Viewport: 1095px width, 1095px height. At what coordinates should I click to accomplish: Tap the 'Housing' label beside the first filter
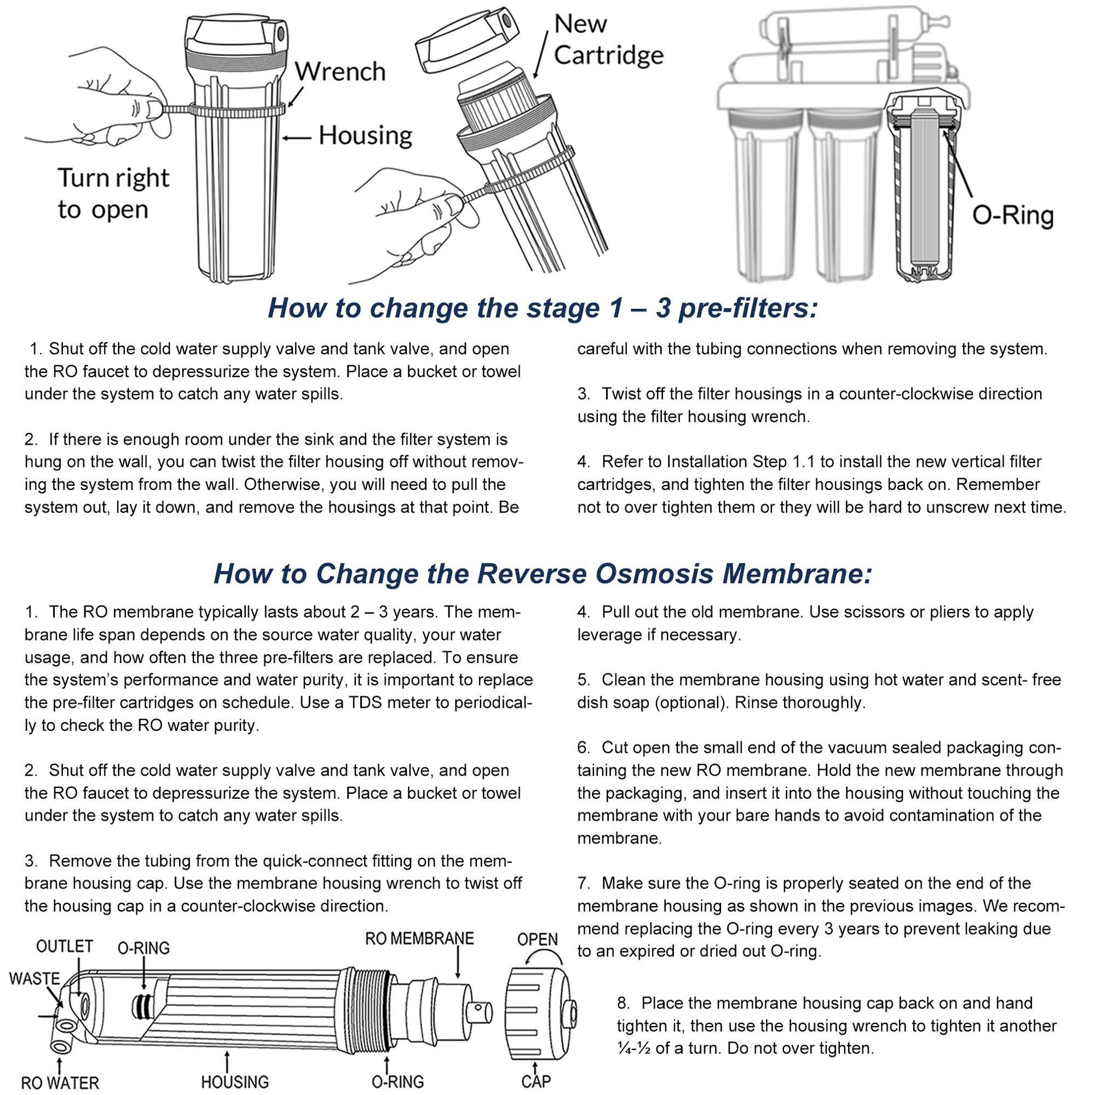pos(365,136)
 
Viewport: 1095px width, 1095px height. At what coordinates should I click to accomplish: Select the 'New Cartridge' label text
pos(608,39)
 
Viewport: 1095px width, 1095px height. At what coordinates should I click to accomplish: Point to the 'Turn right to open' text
pos(113,194)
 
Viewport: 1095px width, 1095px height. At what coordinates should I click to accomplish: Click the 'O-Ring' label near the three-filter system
pos(1012,216)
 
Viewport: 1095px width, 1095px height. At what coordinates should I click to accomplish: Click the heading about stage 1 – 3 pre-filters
pos(543,308)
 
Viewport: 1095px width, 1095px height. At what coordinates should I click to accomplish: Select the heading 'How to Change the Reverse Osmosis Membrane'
pos(543,574)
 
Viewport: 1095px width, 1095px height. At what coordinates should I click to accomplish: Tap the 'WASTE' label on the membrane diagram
pos(34,979)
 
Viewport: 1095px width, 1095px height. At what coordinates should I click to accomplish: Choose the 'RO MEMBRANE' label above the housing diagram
pos(419,938)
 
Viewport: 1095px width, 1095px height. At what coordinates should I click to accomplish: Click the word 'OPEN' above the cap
pos(537,939)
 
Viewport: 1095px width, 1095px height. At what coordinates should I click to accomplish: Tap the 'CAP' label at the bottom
pos(535,1081)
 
